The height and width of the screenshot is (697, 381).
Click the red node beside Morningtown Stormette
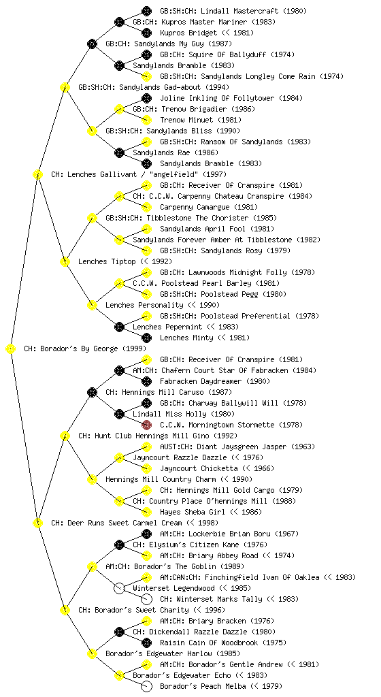[x=146, y=425]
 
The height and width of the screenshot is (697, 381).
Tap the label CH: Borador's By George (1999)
[x=85, y=348]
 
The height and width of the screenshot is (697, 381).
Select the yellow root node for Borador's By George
[x=11, y=349]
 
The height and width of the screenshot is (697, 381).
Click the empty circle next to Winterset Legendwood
[x=119, y=588]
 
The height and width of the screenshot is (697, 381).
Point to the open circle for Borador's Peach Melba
[x=146, y=686]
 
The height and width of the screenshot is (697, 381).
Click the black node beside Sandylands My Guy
[x=92, y=44]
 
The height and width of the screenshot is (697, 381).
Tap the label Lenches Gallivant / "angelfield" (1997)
[x=139, y=174]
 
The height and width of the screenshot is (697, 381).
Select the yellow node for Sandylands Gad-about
[x=65, y=87]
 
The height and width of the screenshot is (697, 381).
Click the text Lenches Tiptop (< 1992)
[x=125, y=261]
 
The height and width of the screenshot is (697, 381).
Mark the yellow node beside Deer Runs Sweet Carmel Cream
[x=37, y=523]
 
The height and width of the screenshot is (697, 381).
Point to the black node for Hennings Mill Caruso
[x=92, y=392]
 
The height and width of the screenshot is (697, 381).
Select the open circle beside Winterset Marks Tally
[x=146, y=599]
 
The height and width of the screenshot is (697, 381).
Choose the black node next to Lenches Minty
[x=146, y=338]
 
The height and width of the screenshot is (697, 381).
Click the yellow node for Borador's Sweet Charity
[x=65, y=610]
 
